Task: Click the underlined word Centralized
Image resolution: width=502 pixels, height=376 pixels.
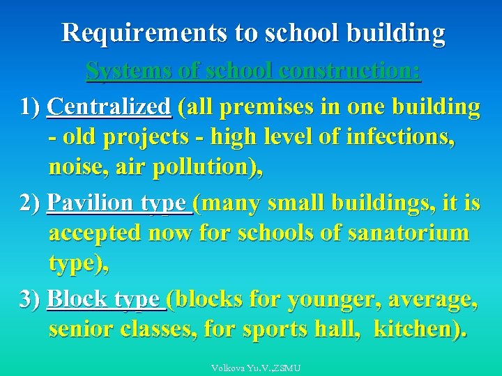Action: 109,107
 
